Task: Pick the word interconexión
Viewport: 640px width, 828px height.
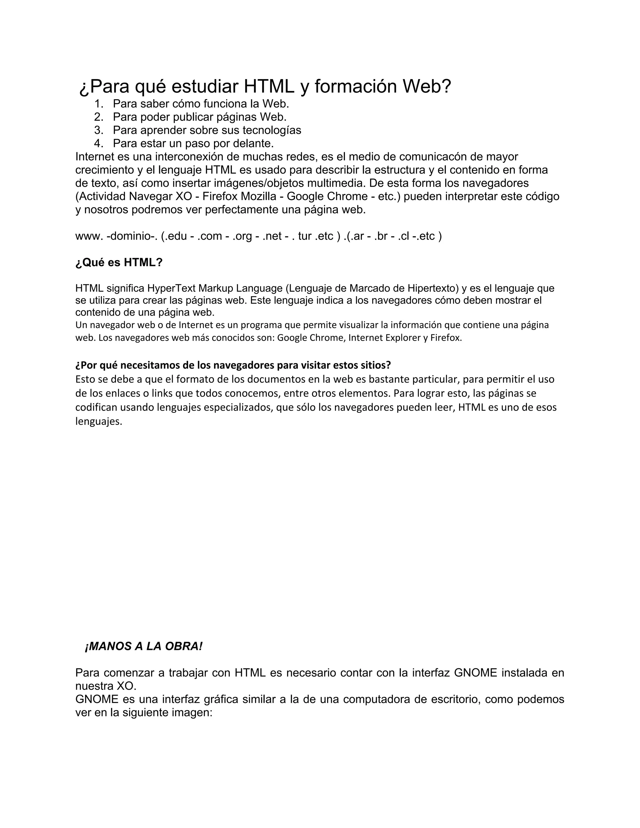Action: tap(197, 157)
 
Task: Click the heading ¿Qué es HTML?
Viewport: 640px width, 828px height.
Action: tap(119, 262)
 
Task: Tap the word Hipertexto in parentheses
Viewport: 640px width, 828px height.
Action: tap(432, 288)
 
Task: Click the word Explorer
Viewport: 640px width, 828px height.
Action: tap(402, 337)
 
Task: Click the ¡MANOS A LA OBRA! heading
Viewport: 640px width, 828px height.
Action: tap(144, 646)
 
